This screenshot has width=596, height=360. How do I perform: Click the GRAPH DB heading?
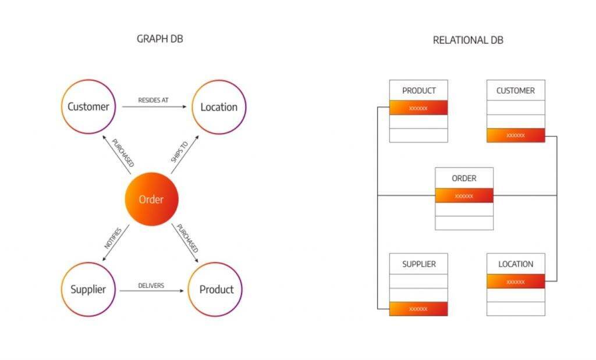(x=160, y=39)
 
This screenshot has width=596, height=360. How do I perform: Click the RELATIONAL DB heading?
(x=468, y=40)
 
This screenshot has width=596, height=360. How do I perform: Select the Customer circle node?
(x=88, y=107)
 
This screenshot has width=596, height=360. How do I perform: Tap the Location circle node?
(x=219, y=107)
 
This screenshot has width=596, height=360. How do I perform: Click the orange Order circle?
(x=151, y=199)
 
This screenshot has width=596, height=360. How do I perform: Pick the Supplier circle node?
(x=88, y=289)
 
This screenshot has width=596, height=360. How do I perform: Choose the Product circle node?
(x=216, y=289)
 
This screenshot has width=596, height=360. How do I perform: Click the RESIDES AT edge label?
(x=153, y=100)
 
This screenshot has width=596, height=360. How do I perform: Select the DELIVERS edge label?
(x=151, y=286)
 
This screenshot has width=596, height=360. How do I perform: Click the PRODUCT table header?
(x=418, y=91)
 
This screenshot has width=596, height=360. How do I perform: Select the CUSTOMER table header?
(x=515, y=91)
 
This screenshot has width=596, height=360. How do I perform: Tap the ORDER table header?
(x=464, y=178)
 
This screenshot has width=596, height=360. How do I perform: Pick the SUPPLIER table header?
(x=418, y=264)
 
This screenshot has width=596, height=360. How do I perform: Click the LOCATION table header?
(x=515, y=264)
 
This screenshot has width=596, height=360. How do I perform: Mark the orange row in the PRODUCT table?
(x=418, y=108)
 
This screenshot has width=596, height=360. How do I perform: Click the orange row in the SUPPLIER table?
(x=418, y=309)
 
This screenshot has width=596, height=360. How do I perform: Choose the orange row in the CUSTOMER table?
(x=515, y=135)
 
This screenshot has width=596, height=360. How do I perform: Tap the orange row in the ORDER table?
(x=464, y=195)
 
